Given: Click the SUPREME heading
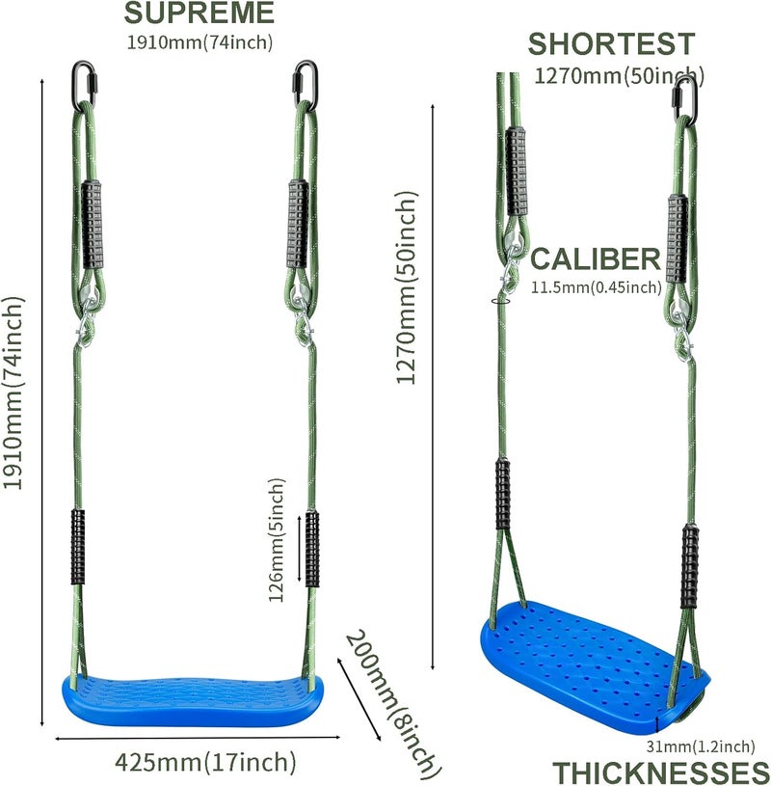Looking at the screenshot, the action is (x=199, y=14).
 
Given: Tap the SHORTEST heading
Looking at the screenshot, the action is (x=611, y=44).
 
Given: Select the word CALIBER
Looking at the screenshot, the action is (x=596, y=258).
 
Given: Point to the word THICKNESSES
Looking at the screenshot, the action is (x=661, y=772).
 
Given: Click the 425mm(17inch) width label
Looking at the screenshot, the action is (x=205, y=763).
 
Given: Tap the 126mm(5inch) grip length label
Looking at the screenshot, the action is (x=276, y=540).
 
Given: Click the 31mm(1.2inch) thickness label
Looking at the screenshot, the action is (x=701, y=746).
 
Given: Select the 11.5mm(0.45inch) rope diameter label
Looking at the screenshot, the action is (x=597, y=287).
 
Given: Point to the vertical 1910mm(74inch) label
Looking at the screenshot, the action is (x=13, y=393).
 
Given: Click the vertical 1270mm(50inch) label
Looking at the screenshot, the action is (x=407, y=287).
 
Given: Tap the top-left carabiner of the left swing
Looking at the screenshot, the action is (x=83, y=85).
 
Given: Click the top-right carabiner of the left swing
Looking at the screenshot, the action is (x=306, y=85).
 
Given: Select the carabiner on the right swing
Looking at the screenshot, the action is (x=685, y=100).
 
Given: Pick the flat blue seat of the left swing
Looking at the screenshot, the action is (x=193, y=700).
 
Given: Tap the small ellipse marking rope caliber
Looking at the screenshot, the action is (x=501, y=301).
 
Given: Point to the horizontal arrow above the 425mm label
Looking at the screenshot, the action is (x=198, y=738).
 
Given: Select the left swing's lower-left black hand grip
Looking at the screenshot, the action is (x=78, y=547).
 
